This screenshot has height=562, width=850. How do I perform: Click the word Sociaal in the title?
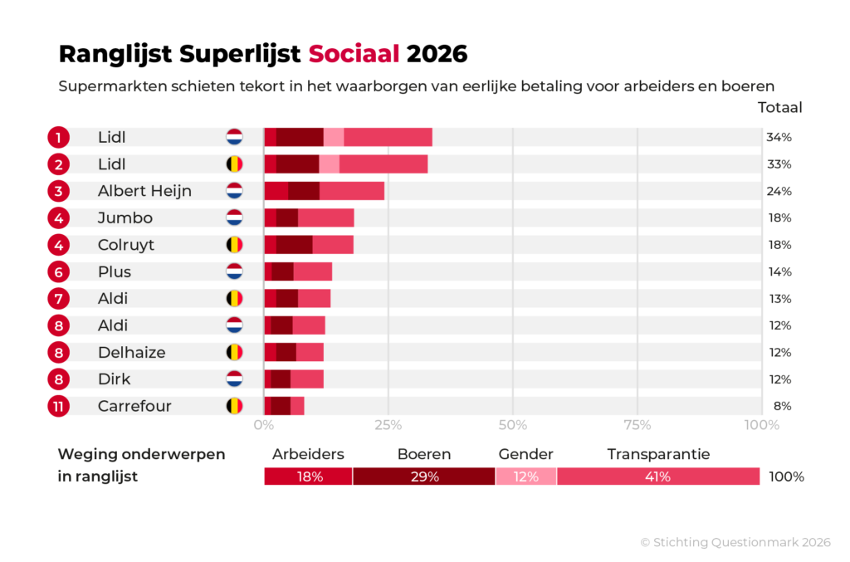click(x=354, y=55)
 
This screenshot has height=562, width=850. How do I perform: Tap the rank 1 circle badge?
click(x=58, y=137)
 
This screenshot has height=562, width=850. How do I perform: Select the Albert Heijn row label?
click(x=144, y=191)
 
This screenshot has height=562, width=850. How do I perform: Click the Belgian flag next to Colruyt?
click(x=234, y=245)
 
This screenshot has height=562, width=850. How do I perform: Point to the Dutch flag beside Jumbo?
click(x=234, y=218)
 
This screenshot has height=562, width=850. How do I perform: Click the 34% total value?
click(x=779, y=137)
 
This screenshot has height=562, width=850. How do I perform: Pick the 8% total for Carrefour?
click(x=782, y=406)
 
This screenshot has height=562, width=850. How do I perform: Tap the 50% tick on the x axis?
click(x=512, y=426)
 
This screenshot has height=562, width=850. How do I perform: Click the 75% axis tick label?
click(x=637, y=426)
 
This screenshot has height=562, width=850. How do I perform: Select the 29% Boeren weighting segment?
click(x=424, y=476)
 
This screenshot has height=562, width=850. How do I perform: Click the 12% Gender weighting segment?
click(x=525, y=476)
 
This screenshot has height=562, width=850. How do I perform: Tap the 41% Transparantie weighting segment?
click(x=657, y=476)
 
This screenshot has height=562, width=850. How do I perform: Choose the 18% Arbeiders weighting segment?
click(x=308, y=476)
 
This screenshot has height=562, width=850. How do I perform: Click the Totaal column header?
click(x=779, y=107)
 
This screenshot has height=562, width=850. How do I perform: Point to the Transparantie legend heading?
click(x=658, y=454)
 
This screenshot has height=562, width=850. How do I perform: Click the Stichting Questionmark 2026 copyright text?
click(x=735, y=542)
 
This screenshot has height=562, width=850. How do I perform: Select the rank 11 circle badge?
click(x=58, y=407)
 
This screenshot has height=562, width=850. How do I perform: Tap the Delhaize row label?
click(x=131, y=353)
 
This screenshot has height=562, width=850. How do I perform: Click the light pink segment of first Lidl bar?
click(x=334, y=137)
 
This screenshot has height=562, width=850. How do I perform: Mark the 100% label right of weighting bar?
click(x=786, y=476)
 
